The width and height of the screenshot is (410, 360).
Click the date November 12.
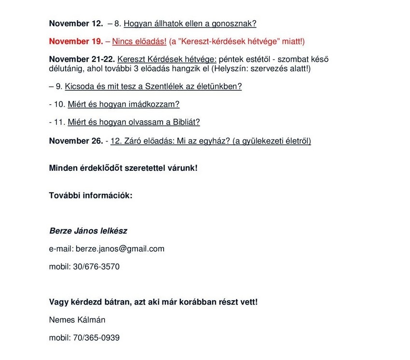[x=76, y=23]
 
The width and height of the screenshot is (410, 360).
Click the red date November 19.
[x=76, y=42]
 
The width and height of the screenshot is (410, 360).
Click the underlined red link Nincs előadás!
[x=139, y=42]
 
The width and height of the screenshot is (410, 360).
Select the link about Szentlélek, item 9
[x=152, y=87]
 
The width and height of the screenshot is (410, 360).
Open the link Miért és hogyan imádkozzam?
[x=123, y=104]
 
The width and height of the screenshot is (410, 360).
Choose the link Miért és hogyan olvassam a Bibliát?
[x=134, y=123]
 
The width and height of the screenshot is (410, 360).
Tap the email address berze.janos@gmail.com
[x=120, y=249]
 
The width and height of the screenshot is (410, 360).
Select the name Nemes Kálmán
[x=77, y=319]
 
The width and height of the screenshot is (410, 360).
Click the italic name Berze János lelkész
[x=88, y=231]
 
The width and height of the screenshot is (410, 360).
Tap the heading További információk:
[x=91, y=195]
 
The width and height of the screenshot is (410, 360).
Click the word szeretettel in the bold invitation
[x=142, y=168]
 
